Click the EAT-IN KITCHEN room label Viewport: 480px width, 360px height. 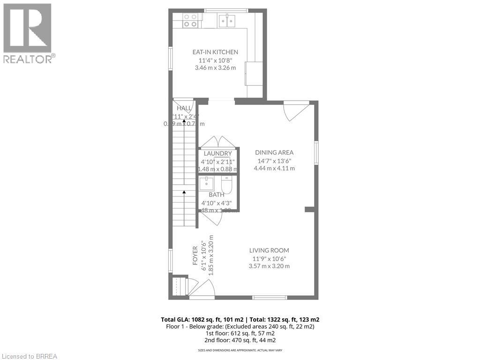click(x=215, y=52)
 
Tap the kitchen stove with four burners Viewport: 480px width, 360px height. click(x=190, y=20)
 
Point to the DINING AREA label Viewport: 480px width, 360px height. click(x=274, y=152)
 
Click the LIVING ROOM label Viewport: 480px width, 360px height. click(x=269, y=250)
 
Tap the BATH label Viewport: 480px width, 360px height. click(x=217, y=195)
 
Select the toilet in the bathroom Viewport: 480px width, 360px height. click(x=227, y=186)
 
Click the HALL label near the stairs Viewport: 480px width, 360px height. click(x=184, y=108)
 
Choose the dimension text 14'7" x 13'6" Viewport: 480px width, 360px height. click(x=274, y=161)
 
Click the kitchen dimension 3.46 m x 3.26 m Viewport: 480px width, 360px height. click(x=215, y=67)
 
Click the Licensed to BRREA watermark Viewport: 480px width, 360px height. click(x=29, y=356)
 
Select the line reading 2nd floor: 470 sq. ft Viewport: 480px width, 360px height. click(x=240, y=340)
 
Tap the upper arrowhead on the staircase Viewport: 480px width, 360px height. click(x=184, y=121)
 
